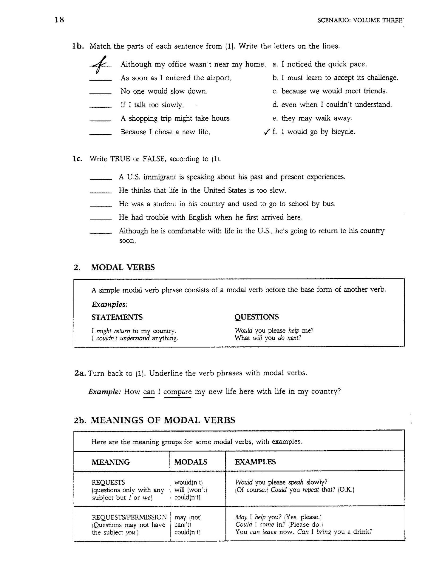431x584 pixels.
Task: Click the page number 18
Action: pos(59,20)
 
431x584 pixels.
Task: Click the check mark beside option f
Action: pos(267,132)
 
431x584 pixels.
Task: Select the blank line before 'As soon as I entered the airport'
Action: pos(101,80)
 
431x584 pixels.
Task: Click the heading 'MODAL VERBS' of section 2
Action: pos(123,267)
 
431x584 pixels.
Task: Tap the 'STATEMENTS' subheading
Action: pos(117,317)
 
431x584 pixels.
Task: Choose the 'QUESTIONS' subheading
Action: pos(257,317)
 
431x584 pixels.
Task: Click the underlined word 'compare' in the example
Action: pos(177,392)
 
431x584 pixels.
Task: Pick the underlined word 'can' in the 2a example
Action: pos(149,392)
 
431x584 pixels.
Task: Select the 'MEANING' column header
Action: pos(111,462)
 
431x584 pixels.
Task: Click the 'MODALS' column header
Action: pos(191,462)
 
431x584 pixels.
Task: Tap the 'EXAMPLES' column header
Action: pos(255,462)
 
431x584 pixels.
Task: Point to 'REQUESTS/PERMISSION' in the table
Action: pos(129,517)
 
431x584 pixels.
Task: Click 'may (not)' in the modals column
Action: pos(188,517)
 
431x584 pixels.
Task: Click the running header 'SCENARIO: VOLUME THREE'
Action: pos(360,21)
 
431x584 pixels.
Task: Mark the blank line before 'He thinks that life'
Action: pos(101,193)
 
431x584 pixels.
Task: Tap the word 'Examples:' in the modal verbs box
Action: pos(109,305)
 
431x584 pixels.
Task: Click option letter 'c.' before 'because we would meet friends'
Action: pos(275,91)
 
